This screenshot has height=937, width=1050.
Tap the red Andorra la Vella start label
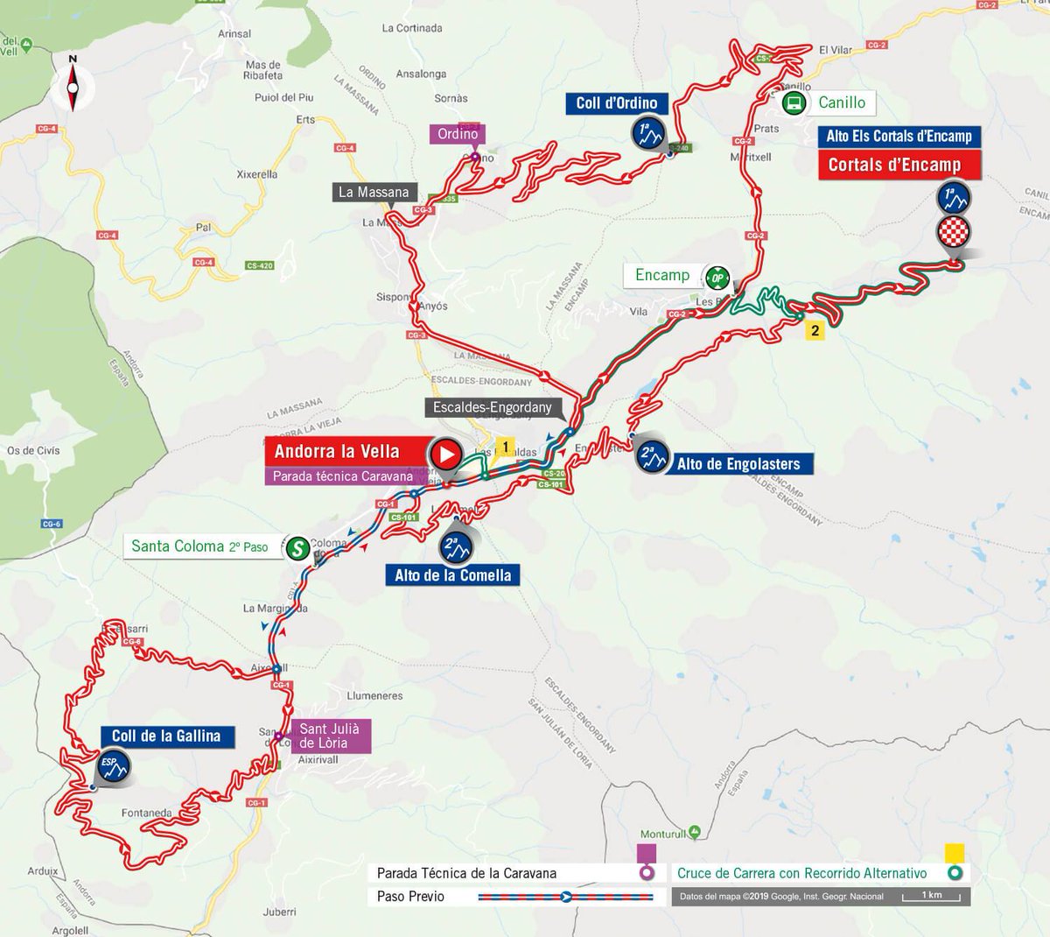coord(337,452)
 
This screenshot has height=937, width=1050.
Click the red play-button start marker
coord(445,454)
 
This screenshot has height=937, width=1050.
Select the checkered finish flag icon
coord(953,234)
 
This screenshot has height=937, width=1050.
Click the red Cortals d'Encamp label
coord(894,165)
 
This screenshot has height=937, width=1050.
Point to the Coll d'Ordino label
coord(616,103)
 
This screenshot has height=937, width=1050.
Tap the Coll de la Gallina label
coord(166,736)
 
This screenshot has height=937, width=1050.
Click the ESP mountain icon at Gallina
coord(113,765)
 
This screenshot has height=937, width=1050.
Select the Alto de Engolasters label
coord(738,464)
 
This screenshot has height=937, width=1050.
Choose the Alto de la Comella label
coord(452,575)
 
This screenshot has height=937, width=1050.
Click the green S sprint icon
coord(297,547)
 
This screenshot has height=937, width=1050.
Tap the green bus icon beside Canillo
coord(794,103)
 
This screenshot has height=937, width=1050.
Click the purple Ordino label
coord(458,134)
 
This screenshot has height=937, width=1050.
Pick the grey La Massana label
coord(374,192)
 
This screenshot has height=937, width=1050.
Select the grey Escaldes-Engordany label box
coord(493,407)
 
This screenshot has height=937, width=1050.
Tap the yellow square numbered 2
coord(815,330)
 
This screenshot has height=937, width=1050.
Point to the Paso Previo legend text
coord(410,896)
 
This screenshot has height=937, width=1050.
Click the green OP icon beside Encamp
coord(717,278)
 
